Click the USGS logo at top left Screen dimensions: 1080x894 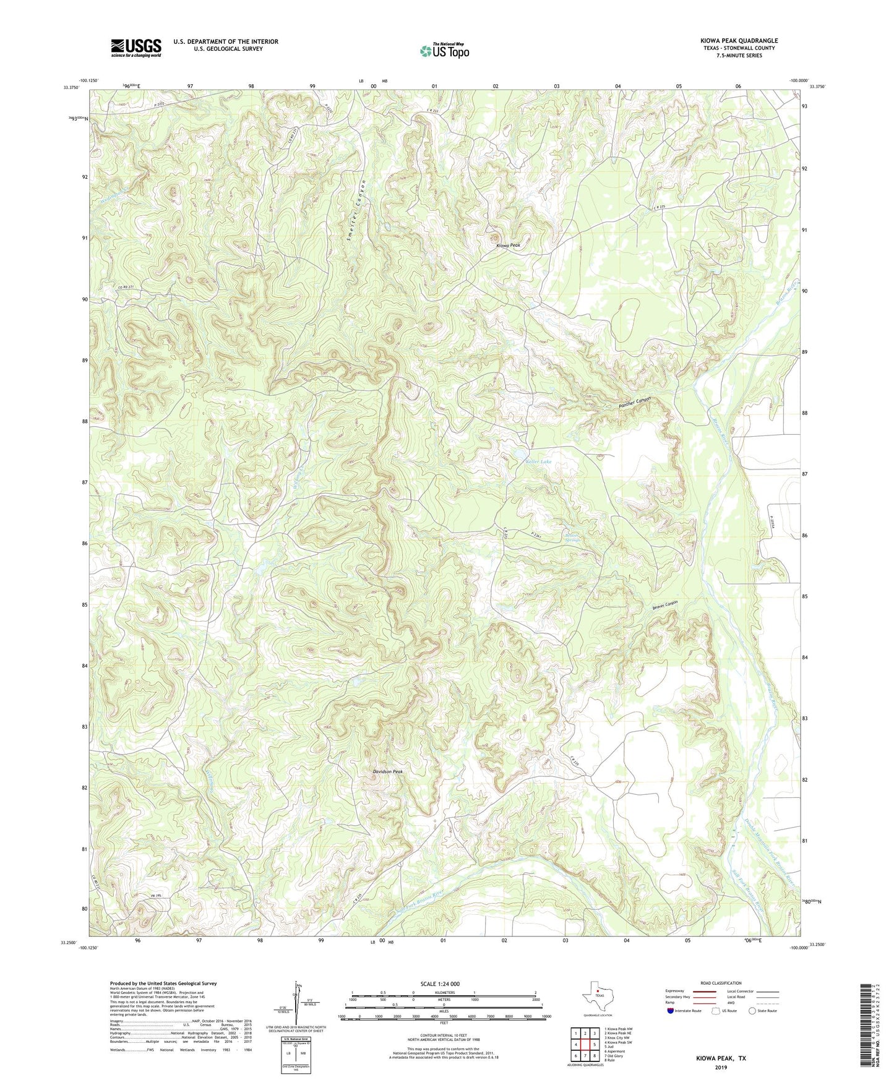click(x=136, y=48)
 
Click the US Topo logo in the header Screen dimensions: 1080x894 click(x=444, y=51)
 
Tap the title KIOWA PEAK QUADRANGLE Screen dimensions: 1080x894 click(x=735, y=41)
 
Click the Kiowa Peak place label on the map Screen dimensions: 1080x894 click(x=508, y=246)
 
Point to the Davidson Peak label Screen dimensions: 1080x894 click(x=388, y=771)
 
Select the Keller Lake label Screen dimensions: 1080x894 click(x=538, y=462)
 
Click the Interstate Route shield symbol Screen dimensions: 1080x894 click(x=671, y=1011)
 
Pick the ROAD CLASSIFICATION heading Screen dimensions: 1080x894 click(x=721, y=983)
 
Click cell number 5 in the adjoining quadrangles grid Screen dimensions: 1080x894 click(x=595, y=1045)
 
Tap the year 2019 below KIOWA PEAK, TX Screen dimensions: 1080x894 click(x=721, y=1067)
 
